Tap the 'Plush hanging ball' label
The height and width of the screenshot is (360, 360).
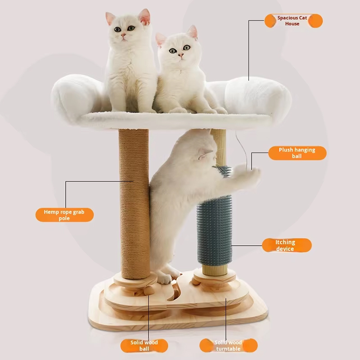(x=297, y=153)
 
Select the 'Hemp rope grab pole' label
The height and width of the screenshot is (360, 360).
(x=64, y=215)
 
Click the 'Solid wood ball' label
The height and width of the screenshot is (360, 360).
(x=144, y=346)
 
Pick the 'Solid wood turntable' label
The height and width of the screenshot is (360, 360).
(x=229, y=346)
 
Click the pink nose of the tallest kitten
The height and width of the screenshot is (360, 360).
(x=123, y=35)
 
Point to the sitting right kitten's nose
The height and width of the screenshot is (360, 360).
(x=180, y=55)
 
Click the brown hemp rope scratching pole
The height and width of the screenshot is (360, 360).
(x=134, y=203)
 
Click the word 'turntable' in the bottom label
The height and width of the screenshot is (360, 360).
(x=228, y=349)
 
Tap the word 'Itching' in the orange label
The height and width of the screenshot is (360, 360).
(x=285, y=242)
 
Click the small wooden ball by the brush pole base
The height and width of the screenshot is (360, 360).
(x=196, y=281)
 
